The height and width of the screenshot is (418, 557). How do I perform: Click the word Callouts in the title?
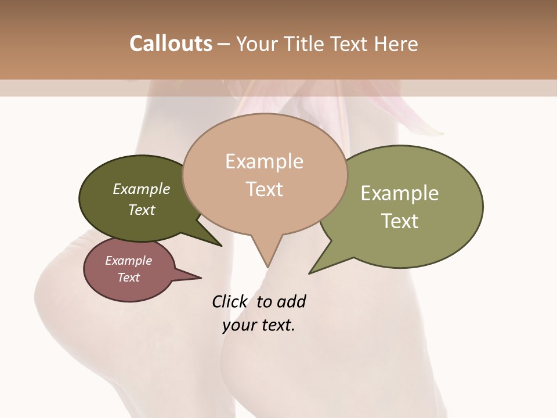[171, 44]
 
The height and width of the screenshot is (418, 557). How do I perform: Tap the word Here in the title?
[395, 44]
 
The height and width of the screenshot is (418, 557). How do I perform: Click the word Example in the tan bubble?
[265, 161]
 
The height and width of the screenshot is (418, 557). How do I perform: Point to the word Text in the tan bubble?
[265, 189]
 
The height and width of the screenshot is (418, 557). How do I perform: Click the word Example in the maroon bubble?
[129, 261]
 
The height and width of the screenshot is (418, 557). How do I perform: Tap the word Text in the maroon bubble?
[129, 278]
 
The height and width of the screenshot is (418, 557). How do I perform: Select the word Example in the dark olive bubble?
[142, 189]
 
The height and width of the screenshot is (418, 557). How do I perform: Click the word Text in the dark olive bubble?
[142, 210]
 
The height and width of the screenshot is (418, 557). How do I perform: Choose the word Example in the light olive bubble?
[400, 193]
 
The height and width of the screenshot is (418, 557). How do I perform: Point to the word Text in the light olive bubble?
[400, 221]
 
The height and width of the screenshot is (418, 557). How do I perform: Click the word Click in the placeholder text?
[229, 302]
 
